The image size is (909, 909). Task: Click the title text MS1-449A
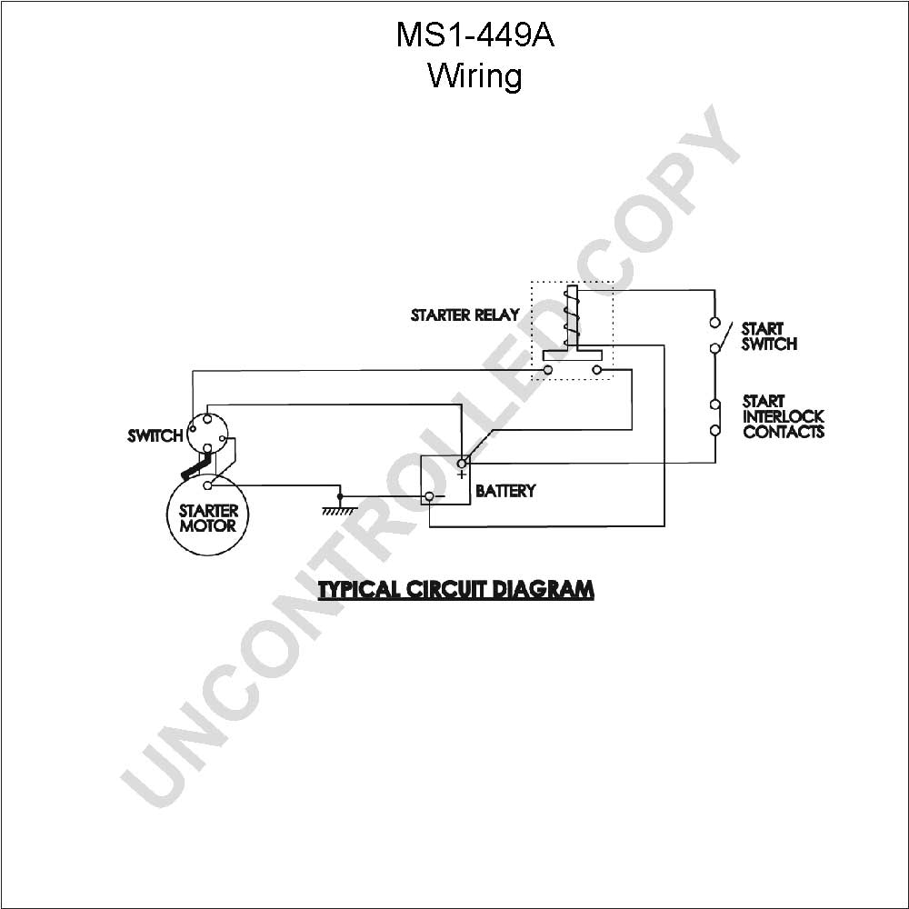point(474,35)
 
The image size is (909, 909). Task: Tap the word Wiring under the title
point(474,76)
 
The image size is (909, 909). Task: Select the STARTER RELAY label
point(464,315)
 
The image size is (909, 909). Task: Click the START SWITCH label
point(769,336)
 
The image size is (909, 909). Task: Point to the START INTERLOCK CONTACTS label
point(784,416)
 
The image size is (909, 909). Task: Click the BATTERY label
point(505,491)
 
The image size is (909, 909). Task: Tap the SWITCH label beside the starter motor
point(155,435)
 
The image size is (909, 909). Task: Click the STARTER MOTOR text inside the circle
point(209,518)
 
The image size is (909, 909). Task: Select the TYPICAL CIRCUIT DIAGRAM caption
point(456,590)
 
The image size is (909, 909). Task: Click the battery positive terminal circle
point(462,464)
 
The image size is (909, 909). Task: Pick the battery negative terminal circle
point(430,496)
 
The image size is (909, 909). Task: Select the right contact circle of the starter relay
point(597,370)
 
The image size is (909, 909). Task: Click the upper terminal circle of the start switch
point(714,323)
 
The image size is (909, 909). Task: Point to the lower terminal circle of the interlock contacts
point(715,430)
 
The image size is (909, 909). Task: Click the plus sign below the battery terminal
point(462,474)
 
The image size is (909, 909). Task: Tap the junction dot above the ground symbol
point(340,497)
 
